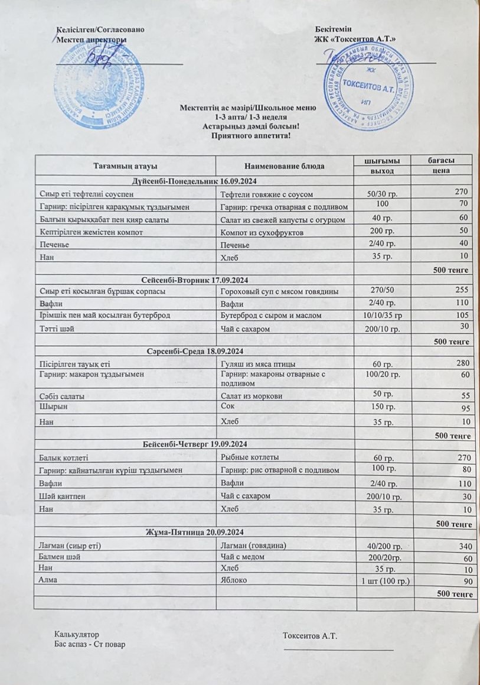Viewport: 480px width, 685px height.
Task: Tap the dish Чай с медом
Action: pyautogui.click(x=241, y=558)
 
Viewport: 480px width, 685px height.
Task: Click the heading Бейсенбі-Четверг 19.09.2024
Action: pyautogui.click(x=194, y=444)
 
